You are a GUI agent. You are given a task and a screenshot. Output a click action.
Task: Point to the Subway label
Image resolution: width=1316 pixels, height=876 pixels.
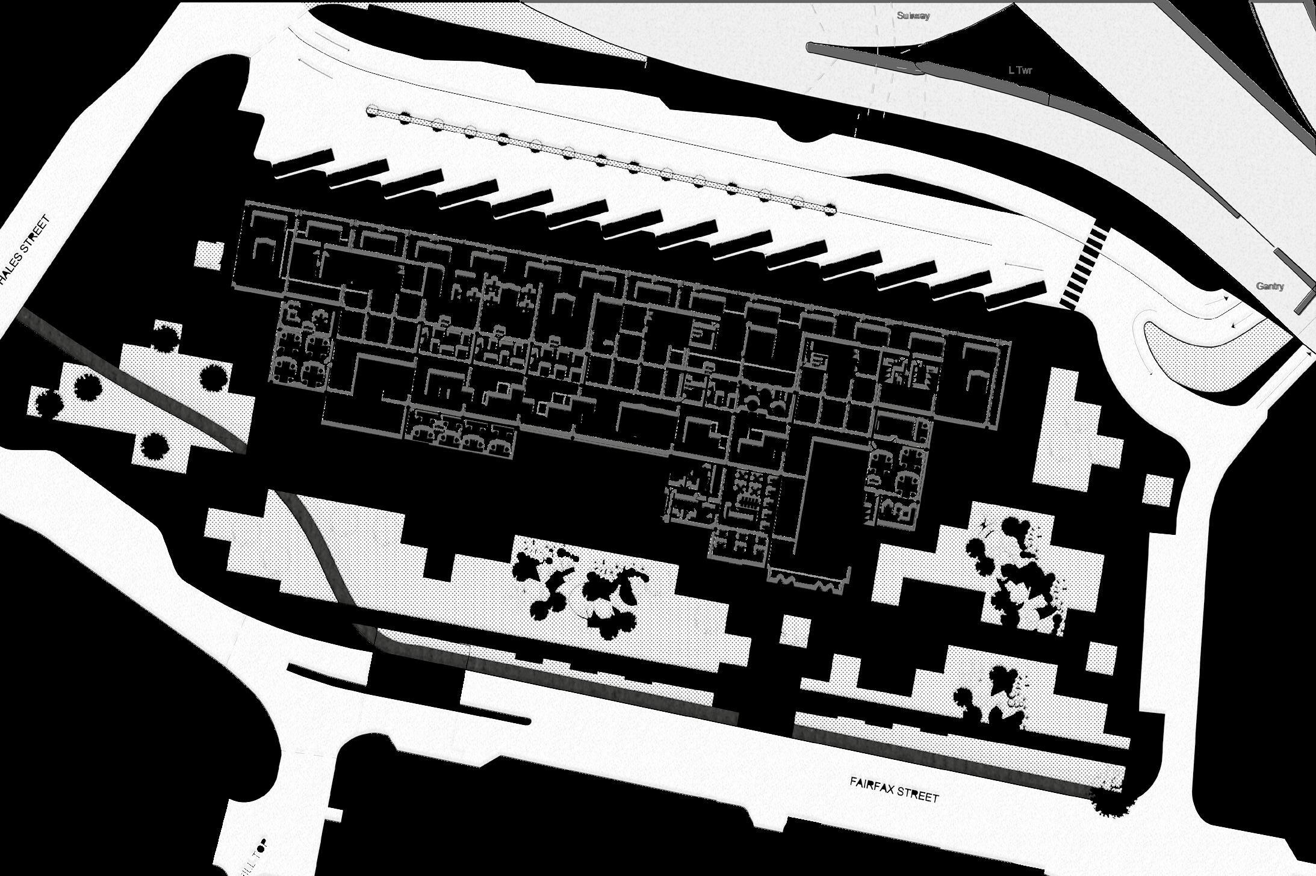tap(913, 16)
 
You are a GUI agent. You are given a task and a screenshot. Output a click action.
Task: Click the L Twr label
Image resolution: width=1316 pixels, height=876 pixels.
tap(1020, 70)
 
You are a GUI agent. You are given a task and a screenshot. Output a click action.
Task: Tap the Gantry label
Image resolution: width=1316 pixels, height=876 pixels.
tap(1270, 286)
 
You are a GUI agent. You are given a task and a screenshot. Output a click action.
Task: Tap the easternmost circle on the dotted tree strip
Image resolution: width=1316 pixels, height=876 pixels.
tap(830, 209)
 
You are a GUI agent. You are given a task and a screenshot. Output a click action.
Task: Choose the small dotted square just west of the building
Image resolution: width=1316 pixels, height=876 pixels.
tap(210, 256)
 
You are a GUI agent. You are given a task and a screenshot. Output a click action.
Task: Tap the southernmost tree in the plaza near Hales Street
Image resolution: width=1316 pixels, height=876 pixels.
tap(155, 445)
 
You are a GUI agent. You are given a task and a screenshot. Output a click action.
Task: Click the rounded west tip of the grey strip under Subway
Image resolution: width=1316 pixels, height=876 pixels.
tap(811, 46)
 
